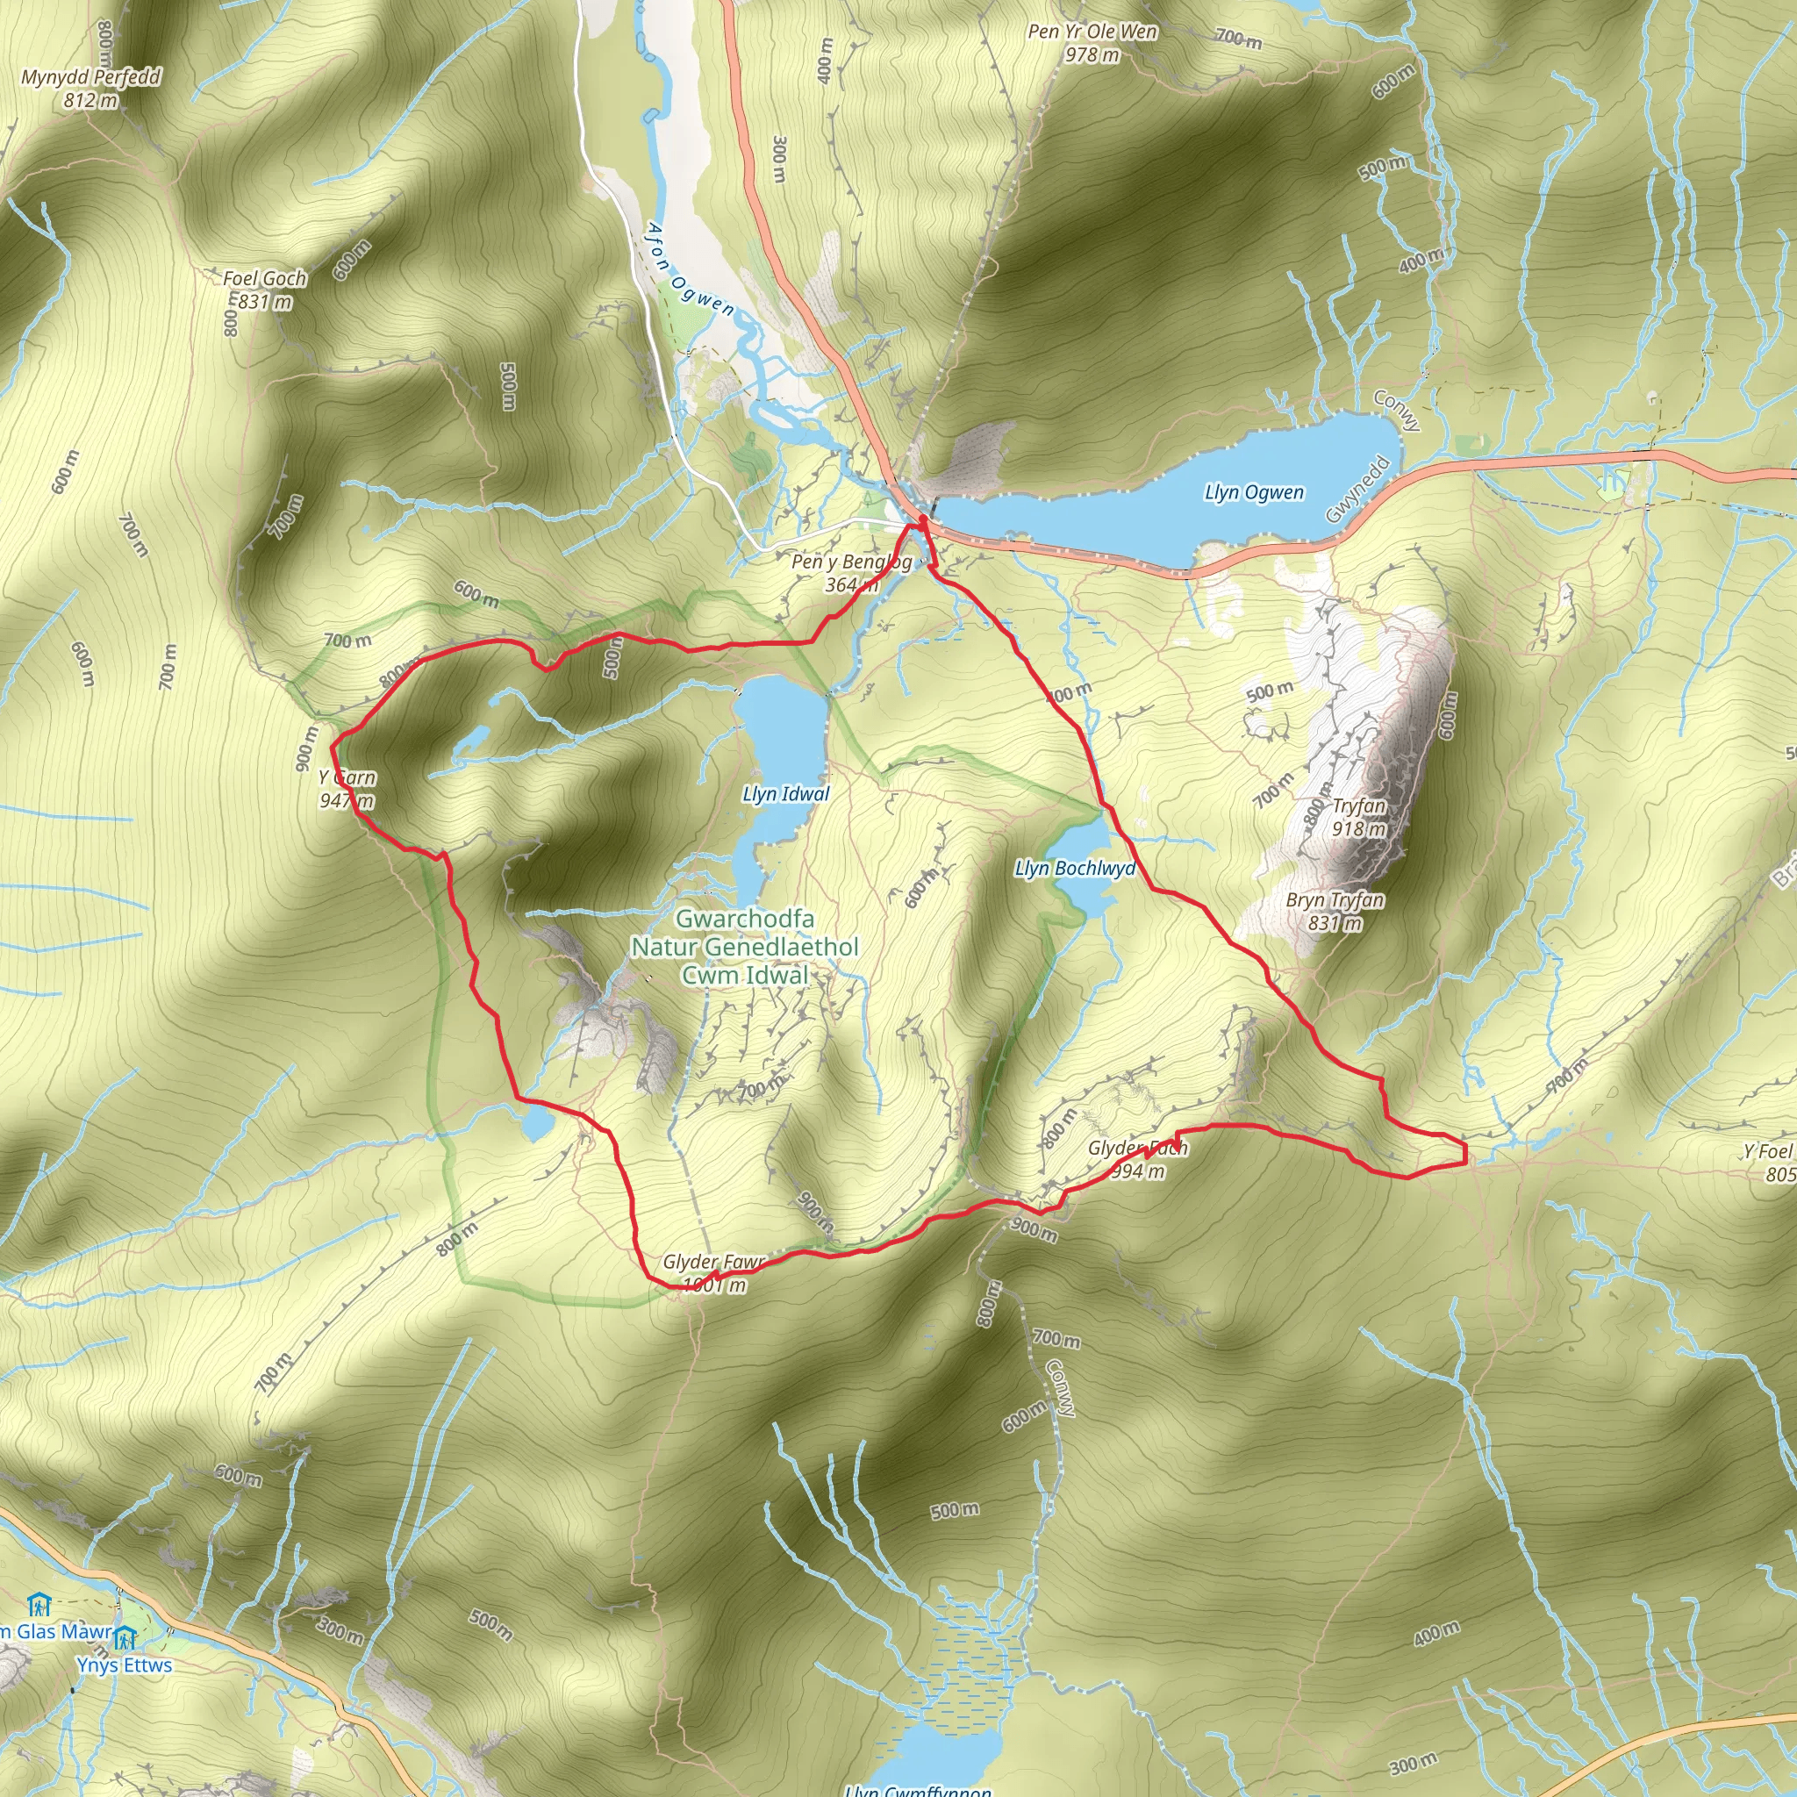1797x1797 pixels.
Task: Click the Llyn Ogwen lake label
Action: tap(1253, 492)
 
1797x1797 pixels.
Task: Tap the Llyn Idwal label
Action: tap(785, 793)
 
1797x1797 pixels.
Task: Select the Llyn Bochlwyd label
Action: tap(1074, 868)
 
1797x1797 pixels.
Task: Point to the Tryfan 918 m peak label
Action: tap(1359, 817)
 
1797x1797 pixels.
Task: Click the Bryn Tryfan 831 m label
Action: tap(1335, 911)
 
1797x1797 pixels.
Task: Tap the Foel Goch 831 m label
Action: tap(264, 290)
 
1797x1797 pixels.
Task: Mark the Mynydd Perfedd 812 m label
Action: tap(91, 89)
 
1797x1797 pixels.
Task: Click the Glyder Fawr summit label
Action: tap(713, 1273)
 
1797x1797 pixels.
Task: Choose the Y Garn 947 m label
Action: tap(347, 789)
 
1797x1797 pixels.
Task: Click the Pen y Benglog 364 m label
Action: tap(851, 573)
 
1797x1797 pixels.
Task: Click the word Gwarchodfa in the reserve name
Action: tap(744, 918)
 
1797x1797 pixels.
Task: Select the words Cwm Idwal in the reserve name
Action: tap(744, 975)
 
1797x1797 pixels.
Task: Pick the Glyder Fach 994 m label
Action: tap(1137, 1159)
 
